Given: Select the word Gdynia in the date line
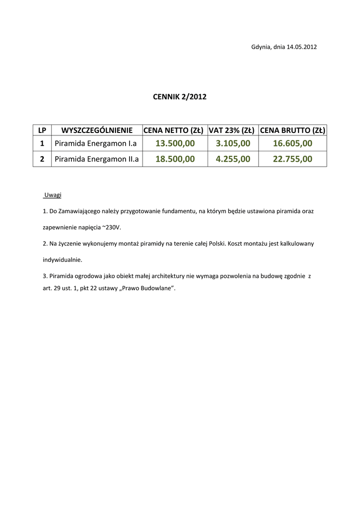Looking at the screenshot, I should [x=261, y=47].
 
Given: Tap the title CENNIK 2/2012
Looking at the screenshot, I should [x=179, y=97].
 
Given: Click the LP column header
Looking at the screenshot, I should [x=42, y=130].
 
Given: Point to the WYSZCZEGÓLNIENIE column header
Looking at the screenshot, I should [x=96, y=130].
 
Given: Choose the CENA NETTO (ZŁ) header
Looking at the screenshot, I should [x=174, y=130].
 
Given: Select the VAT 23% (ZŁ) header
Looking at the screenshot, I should [x=232, y=130].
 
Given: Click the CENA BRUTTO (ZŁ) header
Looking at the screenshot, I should [x=292, y=130].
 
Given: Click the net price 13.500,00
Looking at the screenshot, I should [x=175, y=144].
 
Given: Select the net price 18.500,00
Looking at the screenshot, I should [x=175, y=159].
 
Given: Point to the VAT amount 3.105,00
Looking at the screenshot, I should [x=233, y=144].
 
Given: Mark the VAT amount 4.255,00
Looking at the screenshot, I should [x=233, y=159].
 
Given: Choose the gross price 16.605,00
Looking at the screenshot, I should [x=292, y=144].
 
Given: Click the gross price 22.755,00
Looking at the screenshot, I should [x=292, y=159].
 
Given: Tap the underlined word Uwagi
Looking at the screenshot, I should [x=53, y=195].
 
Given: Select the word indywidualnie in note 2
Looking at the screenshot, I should [x=63, y=259].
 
